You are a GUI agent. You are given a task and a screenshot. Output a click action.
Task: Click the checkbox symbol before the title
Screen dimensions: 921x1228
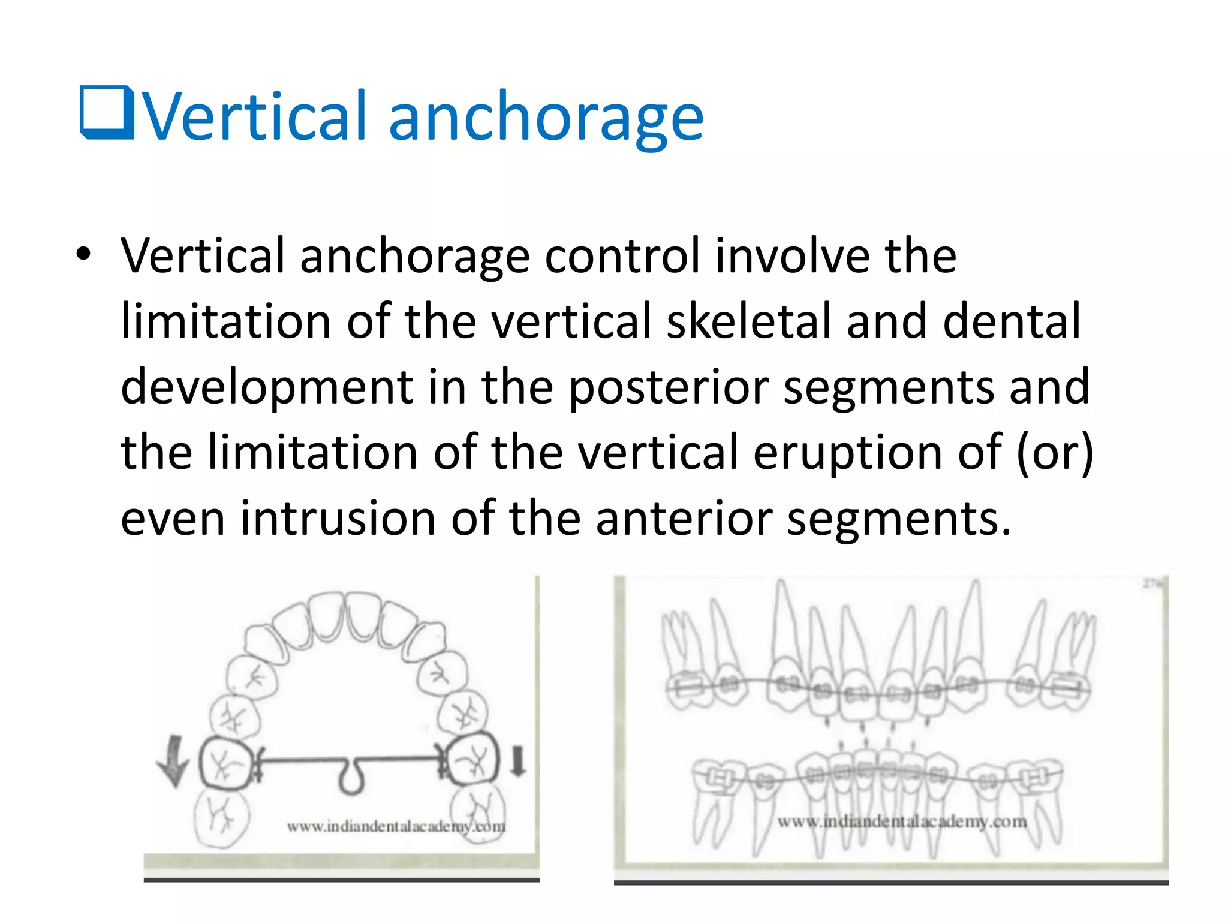pyautogui.click(x=107, y=113)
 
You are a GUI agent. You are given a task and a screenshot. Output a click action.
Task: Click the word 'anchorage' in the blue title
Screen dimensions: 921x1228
pyautogui.click(x=546, y=117)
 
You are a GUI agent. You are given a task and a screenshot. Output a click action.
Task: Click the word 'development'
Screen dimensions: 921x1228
pyautogui.click(x=267, y=387)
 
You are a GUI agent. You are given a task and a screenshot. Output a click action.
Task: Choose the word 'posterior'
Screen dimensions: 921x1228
pyautogui.click(x=668, y=387)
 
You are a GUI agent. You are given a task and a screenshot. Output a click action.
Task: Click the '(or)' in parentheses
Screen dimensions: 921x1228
pyautogui.click(x=1055, y=453)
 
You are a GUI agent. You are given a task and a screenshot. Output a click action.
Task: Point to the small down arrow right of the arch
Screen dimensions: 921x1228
pyautogui.click(x=518, y=761)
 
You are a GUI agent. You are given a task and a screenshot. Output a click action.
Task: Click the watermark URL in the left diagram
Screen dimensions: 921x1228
pyautogui.click(x=396, y=827)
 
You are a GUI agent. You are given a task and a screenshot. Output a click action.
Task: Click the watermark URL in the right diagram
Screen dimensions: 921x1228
pyautogui.click(x=902, y=821)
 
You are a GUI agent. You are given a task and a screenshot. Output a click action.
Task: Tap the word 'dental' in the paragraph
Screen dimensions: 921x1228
pyautogui.click(x=1012, y=321)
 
